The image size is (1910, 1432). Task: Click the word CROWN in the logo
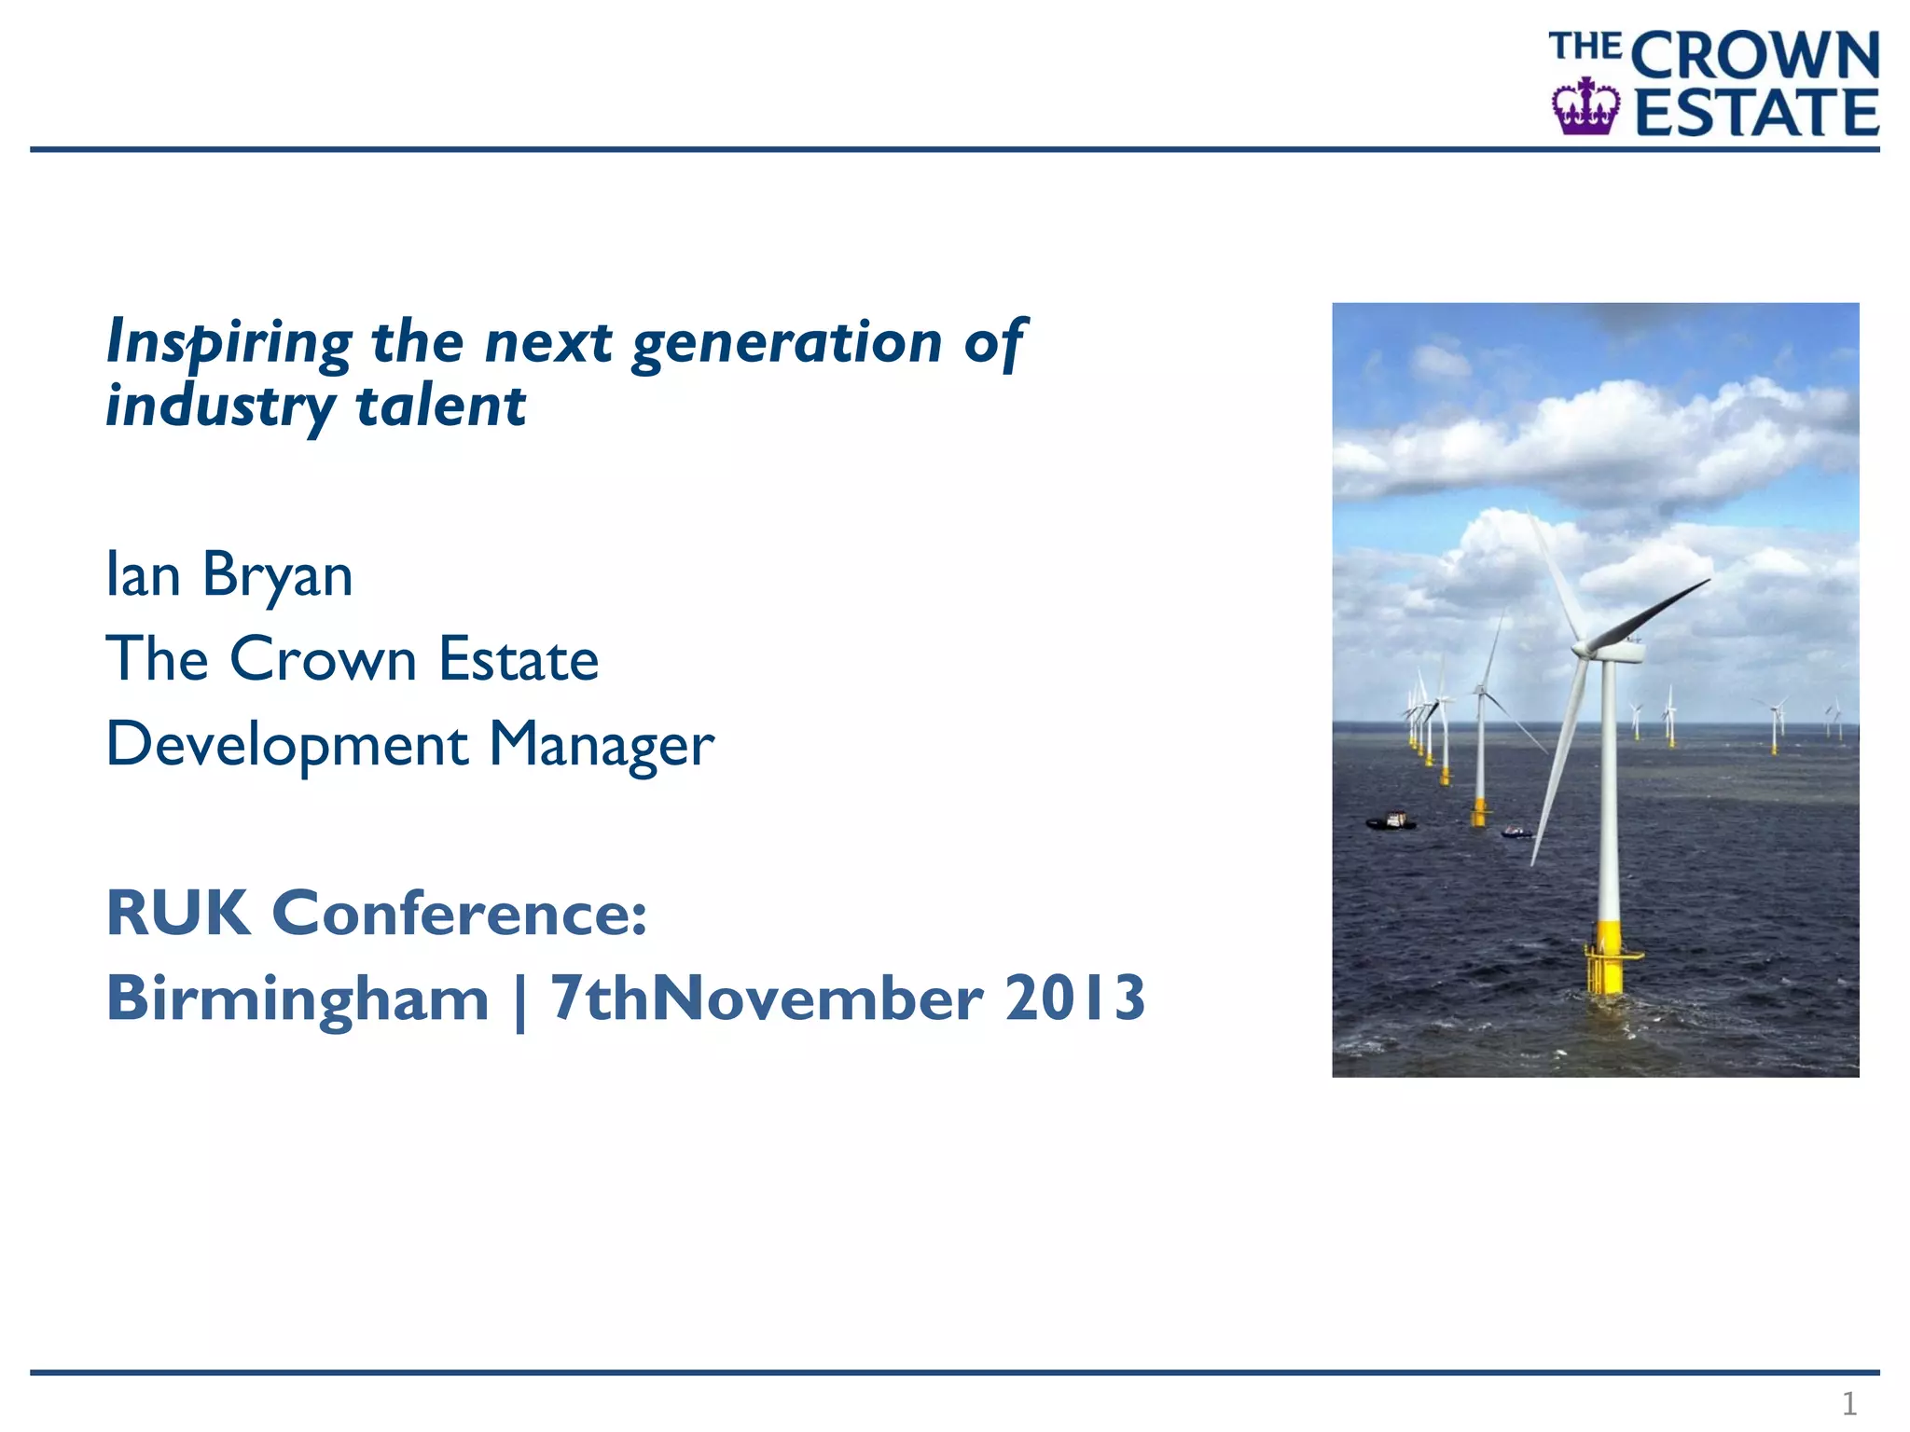tap(1755, 56)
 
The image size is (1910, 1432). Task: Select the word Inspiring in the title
tap(229, 343)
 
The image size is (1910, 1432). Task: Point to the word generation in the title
tap(787, 343)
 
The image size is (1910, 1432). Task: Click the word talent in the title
tap(441, 406)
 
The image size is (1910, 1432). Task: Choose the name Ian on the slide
tap(143, 574)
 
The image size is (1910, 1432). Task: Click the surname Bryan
tap(277, 576)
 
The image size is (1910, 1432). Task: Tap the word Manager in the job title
tap(602, 746)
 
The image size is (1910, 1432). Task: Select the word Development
tap(287, 746)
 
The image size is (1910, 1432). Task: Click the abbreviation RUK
tap(178, 913)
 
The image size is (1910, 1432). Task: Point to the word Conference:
tap(459, 913)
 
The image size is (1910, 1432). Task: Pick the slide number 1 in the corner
tap(1848, 1403)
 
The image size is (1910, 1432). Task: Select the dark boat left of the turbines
tap(1391, 821)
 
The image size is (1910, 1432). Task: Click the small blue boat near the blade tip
tap(1516, 832)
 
